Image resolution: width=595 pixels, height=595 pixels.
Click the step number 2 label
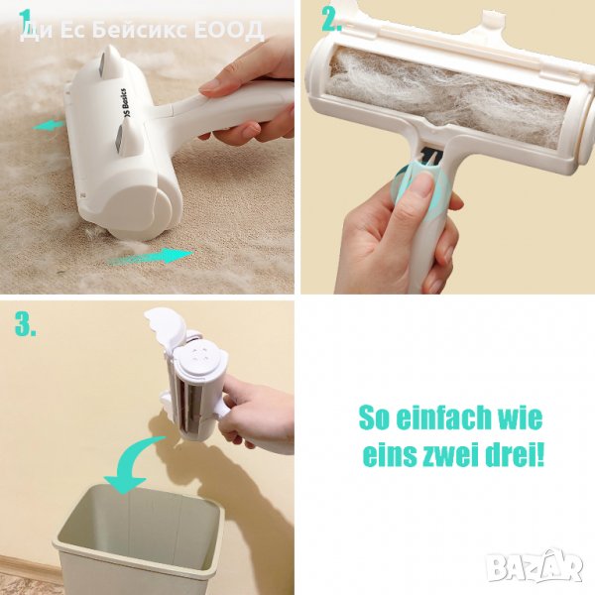[331, 19]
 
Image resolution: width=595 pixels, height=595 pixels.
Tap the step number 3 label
[26, 324]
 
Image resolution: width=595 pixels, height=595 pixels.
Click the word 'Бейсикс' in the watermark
[139, 30]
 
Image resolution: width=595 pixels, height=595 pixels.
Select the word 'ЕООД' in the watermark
[229, 31]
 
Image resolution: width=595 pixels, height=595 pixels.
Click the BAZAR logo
[535, 566]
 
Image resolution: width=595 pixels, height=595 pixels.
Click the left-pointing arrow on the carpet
[49, 126]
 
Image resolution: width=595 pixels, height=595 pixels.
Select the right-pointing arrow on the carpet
[151, 256]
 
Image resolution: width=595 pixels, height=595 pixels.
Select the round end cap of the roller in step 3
[196, 357]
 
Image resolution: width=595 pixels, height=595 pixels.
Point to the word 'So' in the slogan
[373, 417]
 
